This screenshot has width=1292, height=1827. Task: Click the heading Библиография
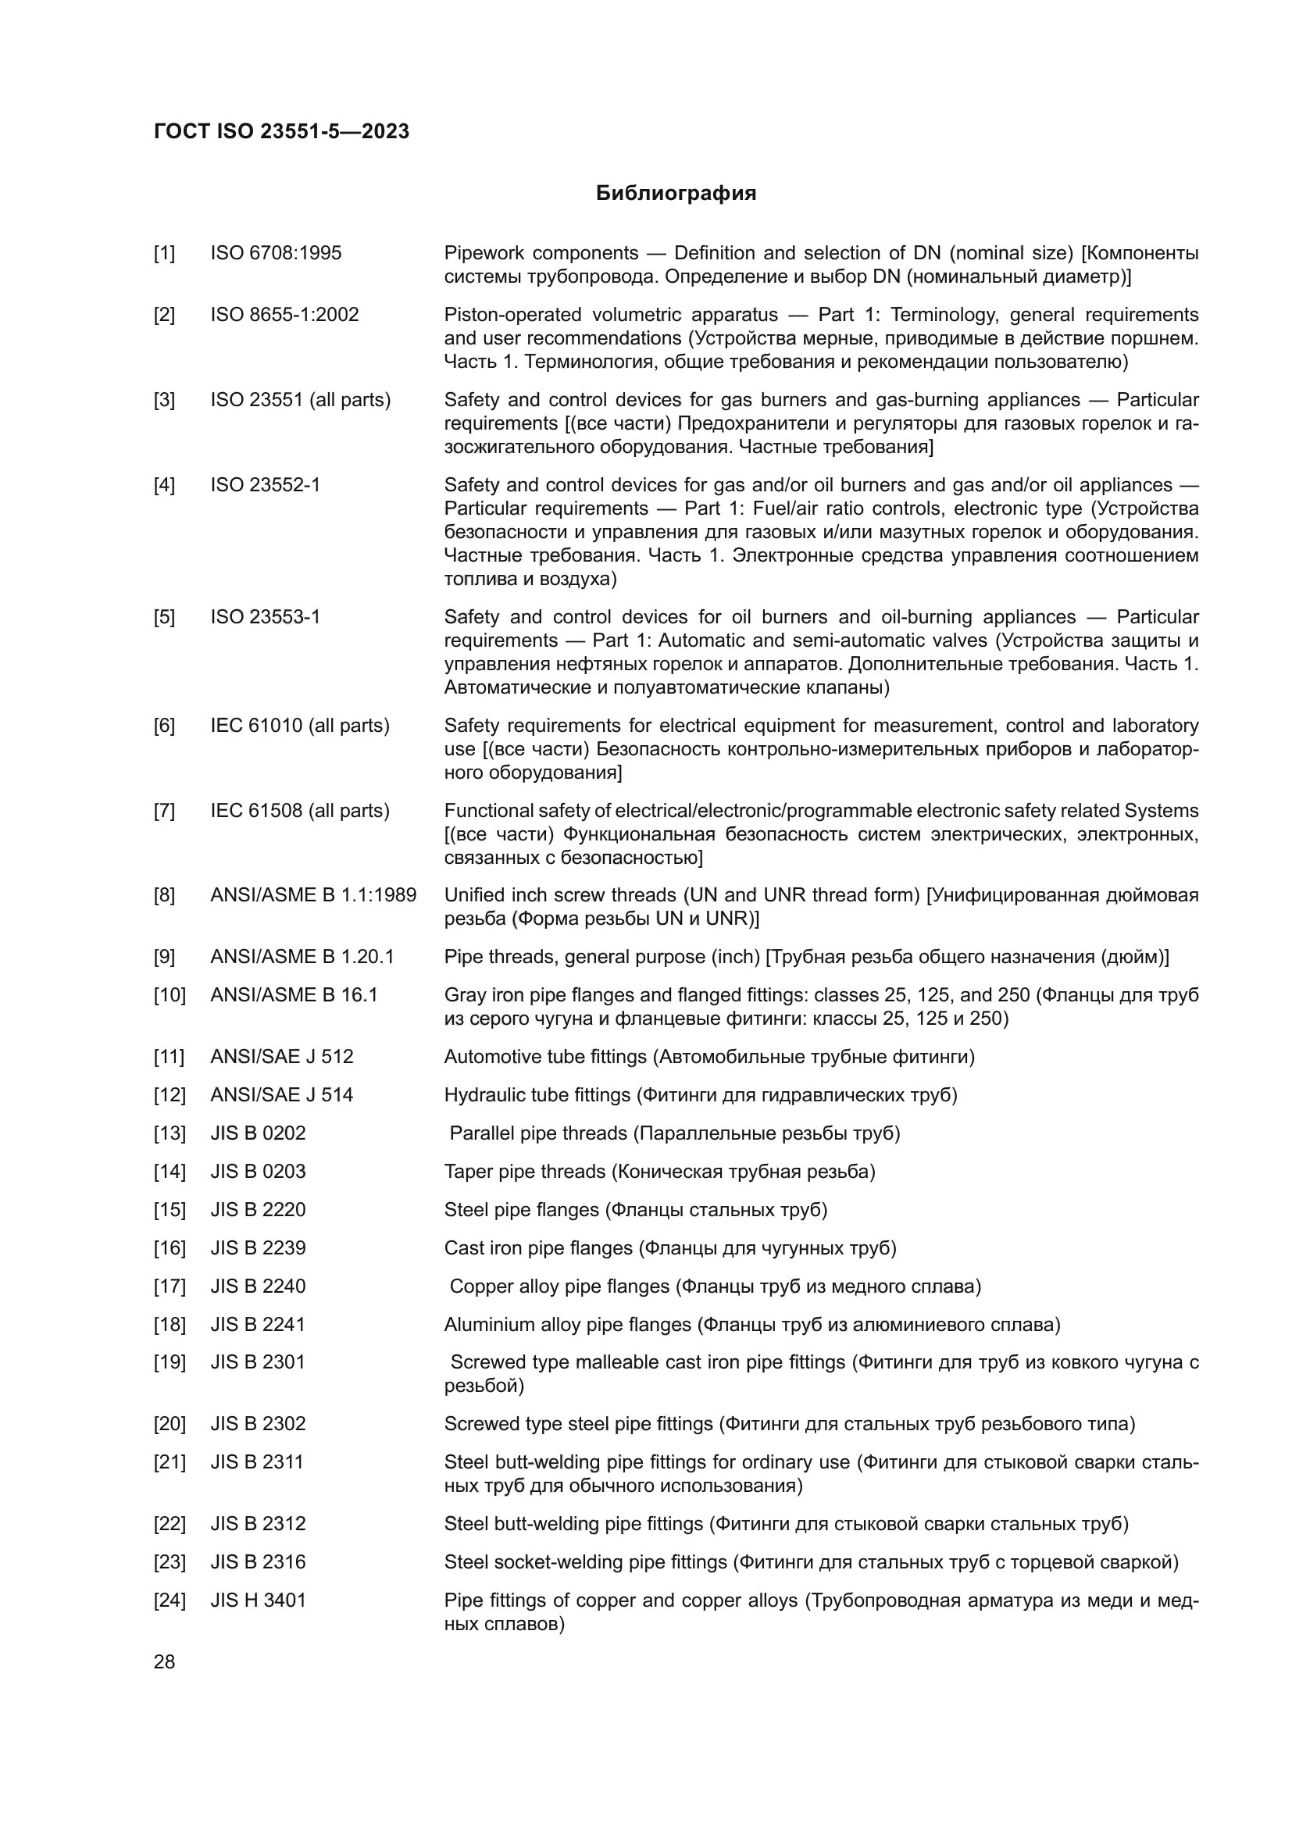click(676, 194)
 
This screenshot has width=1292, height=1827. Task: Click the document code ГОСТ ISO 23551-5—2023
click(282, 131)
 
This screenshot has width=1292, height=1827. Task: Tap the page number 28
click(164, 1662)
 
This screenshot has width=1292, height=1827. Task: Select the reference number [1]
click(164, 253)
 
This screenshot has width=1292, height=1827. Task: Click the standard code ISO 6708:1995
click(276, 253)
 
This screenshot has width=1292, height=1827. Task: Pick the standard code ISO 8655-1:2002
click(284, 314)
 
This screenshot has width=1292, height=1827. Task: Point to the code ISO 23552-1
click(265, 484)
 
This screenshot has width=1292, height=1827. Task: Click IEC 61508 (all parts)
click(300, 811)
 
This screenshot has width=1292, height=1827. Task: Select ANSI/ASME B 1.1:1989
click(312, 895)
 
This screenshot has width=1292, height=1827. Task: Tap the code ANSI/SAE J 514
click(282, 1095)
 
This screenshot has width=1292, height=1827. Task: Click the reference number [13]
click(169, 1133)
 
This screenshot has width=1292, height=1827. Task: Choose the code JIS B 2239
click(258, 1247)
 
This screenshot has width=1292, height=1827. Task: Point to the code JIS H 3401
click(258, 1600)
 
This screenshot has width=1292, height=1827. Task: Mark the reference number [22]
click(169, 1524)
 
